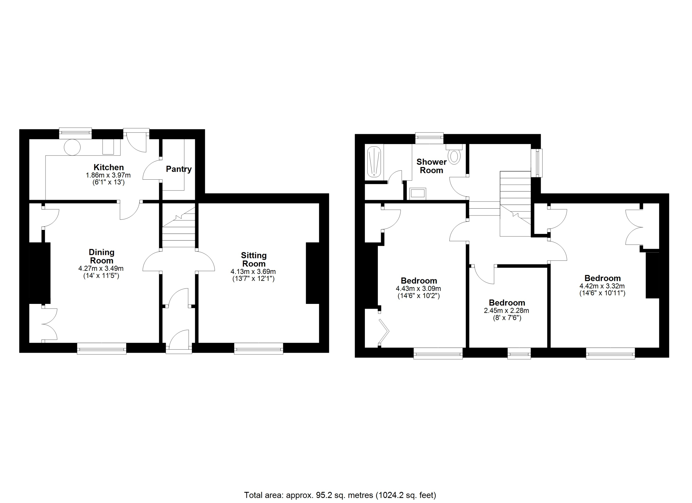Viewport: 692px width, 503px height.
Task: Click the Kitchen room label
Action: pyautogui.click(x=109, y=167)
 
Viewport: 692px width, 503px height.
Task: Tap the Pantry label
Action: pyautogui.click(x=179, y=169)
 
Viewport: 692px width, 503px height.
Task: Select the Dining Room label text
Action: pyautogui.click(x=102, y=256)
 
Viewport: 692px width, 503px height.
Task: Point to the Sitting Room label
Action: pyautogui.click(x=254, y=259)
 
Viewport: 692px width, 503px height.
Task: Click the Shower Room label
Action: pyautogui.click(x=431, y=166)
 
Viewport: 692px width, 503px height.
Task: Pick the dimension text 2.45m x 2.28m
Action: pyautogui.click(x=507, y=311)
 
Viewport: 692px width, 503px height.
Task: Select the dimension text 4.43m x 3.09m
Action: pyautogui.click(x=418, y=289)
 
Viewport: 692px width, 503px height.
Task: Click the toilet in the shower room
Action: pyautogui.click(x=454, y=155)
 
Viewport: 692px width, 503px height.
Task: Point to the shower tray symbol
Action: pyautogui.click(x=374, y=162)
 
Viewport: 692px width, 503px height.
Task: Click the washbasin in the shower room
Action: pyautogui.click(x=418, y=193)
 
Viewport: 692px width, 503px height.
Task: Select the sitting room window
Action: pyautogui.click(x=259, y=348)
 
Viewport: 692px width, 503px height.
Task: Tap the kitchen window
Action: pyautogui.click(x=75, y=133)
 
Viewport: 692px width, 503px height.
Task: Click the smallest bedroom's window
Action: pyautogui.click(x=519, y=353)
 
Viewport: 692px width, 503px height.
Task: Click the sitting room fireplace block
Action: pyautogui.click(x=312, y=273)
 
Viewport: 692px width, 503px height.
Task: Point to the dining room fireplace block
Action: pyautogui.click(x=40, y=273)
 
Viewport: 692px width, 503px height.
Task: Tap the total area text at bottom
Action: pyautogui.click(x=340, y=495)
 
